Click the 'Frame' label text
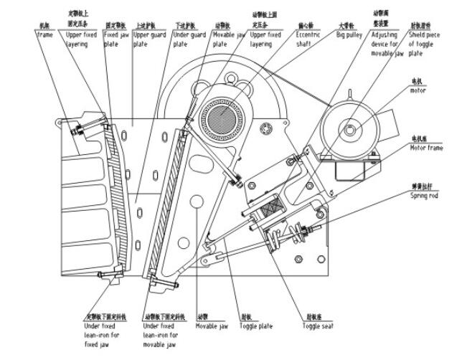tap(44, 34)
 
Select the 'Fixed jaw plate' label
tap(116, 39)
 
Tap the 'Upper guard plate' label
tap(150, 39)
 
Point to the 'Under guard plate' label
tap(189, 39)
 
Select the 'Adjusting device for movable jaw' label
tap(388, 44)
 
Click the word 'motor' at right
tap(418, 91)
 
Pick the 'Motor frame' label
tap(426, 148)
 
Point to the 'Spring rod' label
tap(424, 195)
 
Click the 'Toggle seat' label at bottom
tap(317, 326)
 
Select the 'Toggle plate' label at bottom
tap(256, 326)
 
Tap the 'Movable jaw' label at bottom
tap(213, 326)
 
